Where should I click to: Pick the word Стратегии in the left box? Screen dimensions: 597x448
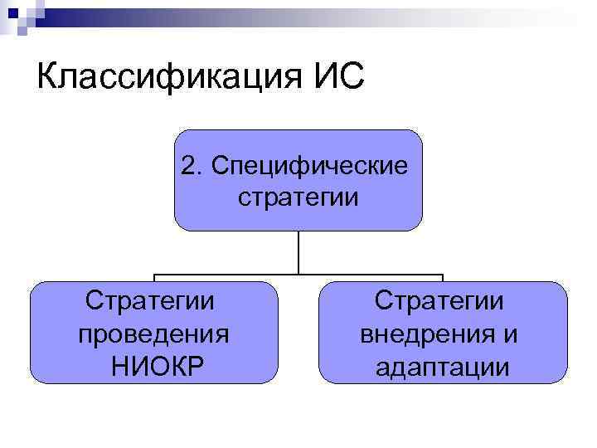coord(153,300)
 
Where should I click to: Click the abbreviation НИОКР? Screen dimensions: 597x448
coord(154,366)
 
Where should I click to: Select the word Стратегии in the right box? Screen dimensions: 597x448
coord(443,300)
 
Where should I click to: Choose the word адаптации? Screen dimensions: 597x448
coord(443,366)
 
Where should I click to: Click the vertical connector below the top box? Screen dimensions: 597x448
coord(298,252)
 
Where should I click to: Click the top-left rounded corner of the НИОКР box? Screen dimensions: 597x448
coord(35,287)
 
